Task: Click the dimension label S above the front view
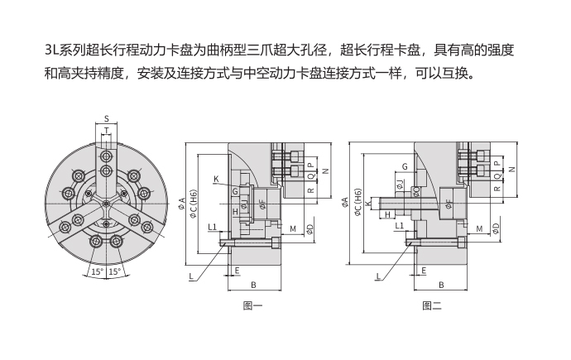tap(107, 118)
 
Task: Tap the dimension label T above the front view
tap(107, 131)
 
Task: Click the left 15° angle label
tap(96, 271)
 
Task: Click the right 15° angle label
tap(116, 271)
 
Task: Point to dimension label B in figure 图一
tap(252, 285)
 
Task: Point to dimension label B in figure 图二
tap(440, 285)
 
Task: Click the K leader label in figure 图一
tap(215, 179)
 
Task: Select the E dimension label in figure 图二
tap(424, 270)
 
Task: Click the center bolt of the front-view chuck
tap(107, 202)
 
